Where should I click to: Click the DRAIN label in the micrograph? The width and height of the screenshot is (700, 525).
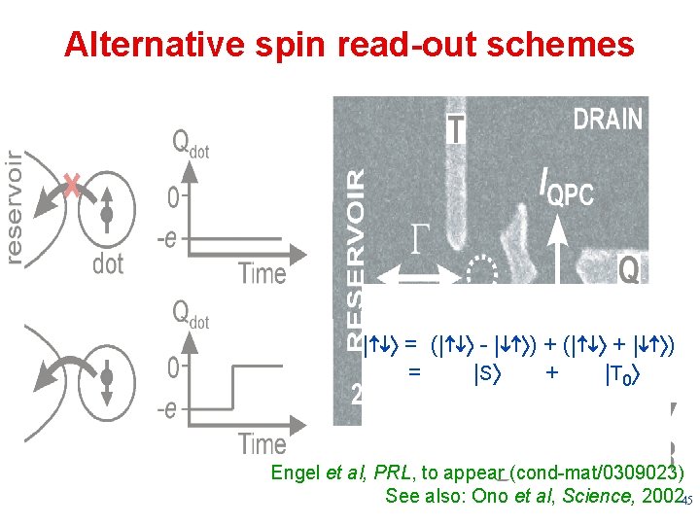point(608,120)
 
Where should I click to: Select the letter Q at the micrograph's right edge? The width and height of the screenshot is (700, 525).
point(628,269)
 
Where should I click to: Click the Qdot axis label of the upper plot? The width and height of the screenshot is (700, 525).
point(190,143)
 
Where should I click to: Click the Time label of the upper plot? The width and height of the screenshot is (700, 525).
point(262,273)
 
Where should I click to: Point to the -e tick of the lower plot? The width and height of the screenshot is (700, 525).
point(166,409)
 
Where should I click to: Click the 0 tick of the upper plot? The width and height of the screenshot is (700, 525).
point(173,199)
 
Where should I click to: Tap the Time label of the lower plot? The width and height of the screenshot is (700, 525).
point(262,444)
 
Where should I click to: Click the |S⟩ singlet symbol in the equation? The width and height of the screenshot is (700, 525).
point(486,370)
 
